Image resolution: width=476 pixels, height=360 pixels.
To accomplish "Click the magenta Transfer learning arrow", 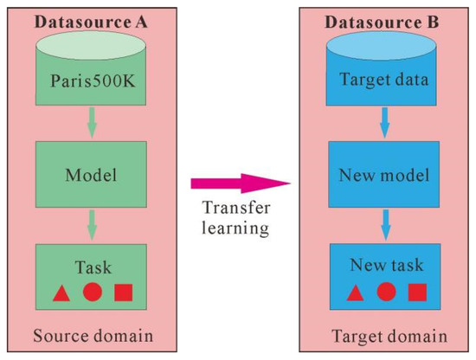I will [x=238, y=183].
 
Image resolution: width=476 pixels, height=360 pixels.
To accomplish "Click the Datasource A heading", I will [x=90, y=21].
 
